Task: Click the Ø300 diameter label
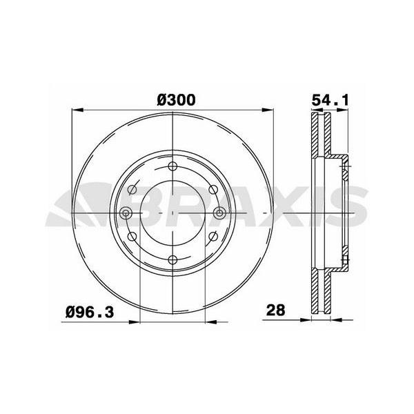[176, 100]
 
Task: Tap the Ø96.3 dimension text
[90, 313]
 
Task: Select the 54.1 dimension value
[331, 100]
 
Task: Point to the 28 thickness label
[275, 310]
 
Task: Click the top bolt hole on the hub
[172, 166]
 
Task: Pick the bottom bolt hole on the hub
[172, 260]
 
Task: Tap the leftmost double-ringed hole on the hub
[126, 213]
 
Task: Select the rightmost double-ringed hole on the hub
[219, 213]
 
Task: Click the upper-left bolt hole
[132, 190]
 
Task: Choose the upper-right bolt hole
[213, 190]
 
